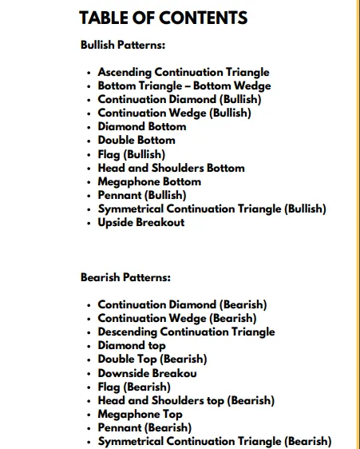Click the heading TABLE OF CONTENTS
tap(164, 18)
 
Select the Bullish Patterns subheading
tap(123, 46)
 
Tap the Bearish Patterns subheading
tap(125, 278)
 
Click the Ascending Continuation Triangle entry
tap(184, 72)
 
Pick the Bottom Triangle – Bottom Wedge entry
tap(184, 85)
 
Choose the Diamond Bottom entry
tap(142, 126)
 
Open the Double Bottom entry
tap(136, 140)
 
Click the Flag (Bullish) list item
tap(132, 154)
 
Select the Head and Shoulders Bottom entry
tap(171, 168)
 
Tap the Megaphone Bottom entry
tap(149, 181)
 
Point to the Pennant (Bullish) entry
tap(142, 195)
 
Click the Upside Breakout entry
tap(141, 222)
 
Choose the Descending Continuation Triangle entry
tap(186, 332)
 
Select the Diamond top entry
tap(132, 345)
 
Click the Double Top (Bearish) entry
tap(152, 359)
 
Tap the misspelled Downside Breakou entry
tap(148, 373)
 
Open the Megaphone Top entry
tap(140, 414)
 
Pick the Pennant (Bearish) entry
tap(144, 427)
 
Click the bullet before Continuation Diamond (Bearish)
tap(89, 305)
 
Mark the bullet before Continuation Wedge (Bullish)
tap(89, 113)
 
